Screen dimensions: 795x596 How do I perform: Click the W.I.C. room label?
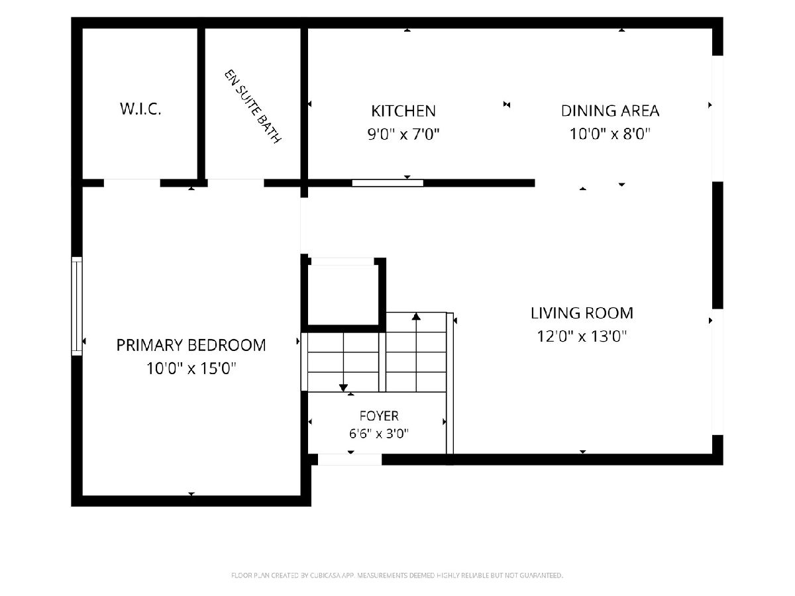140,109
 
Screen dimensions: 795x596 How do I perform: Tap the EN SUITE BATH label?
253,107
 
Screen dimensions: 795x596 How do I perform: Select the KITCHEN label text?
403,111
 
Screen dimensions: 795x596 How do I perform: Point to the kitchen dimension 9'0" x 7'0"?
403,134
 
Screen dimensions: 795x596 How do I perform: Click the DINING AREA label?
610,111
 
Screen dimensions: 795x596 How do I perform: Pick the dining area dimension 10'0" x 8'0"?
610,134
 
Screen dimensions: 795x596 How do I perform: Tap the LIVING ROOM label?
582,313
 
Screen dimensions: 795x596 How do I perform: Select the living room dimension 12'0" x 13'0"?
582,336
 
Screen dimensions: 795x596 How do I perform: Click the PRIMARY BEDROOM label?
191,345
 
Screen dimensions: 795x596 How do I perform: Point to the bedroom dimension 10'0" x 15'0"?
191,368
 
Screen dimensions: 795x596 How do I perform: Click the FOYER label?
379,416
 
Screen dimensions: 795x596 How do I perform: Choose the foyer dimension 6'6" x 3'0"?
379,433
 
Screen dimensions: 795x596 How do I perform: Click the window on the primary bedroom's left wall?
77,306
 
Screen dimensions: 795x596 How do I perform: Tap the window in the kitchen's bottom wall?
388,183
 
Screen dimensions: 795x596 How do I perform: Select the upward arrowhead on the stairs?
416,317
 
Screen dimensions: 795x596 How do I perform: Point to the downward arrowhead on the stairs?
343,387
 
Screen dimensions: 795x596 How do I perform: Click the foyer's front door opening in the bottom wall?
350,460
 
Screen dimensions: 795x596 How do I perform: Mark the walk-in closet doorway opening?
132,183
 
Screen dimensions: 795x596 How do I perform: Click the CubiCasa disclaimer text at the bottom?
397,575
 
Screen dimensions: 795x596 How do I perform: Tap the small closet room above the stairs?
343,295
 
